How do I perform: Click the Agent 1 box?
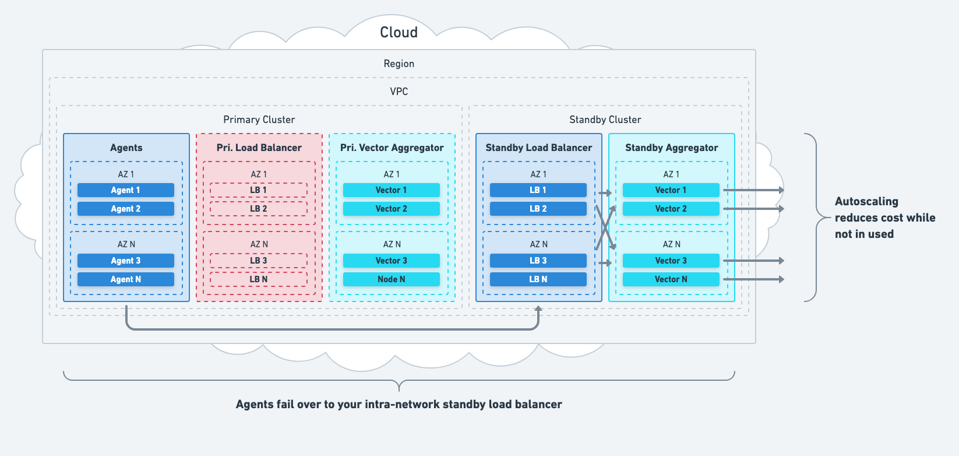click(126, 190)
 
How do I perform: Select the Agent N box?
click(126, 279)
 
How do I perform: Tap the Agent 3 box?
click(126, 261)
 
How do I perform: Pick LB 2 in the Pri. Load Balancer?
click(259, 209)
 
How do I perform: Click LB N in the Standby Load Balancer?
click(538, 279)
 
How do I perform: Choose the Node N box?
click(392, 279)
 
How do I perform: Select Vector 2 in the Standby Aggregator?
click(671, 209)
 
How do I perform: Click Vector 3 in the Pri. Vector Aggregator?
click(392, 261)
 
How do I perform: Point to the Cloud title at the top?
click(399, 32)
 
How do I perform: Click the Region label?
click(399, 64)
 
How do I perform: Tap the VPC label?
click(399, 92)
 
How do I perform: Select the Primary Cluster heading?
click(259, 120)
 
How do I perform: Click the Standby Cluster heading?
click(605, 120)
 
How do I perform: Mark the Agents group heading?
click(126, 148)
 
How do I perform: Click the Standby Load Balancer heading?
click(539, 148)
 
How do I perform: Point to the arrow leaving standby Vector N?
click(754, 279)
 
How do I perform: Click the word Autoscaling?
click(867, 201)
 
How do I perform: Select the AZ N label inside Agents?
click(126, 244)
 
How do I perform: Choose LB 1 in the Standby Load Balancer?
click(538, 190)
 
